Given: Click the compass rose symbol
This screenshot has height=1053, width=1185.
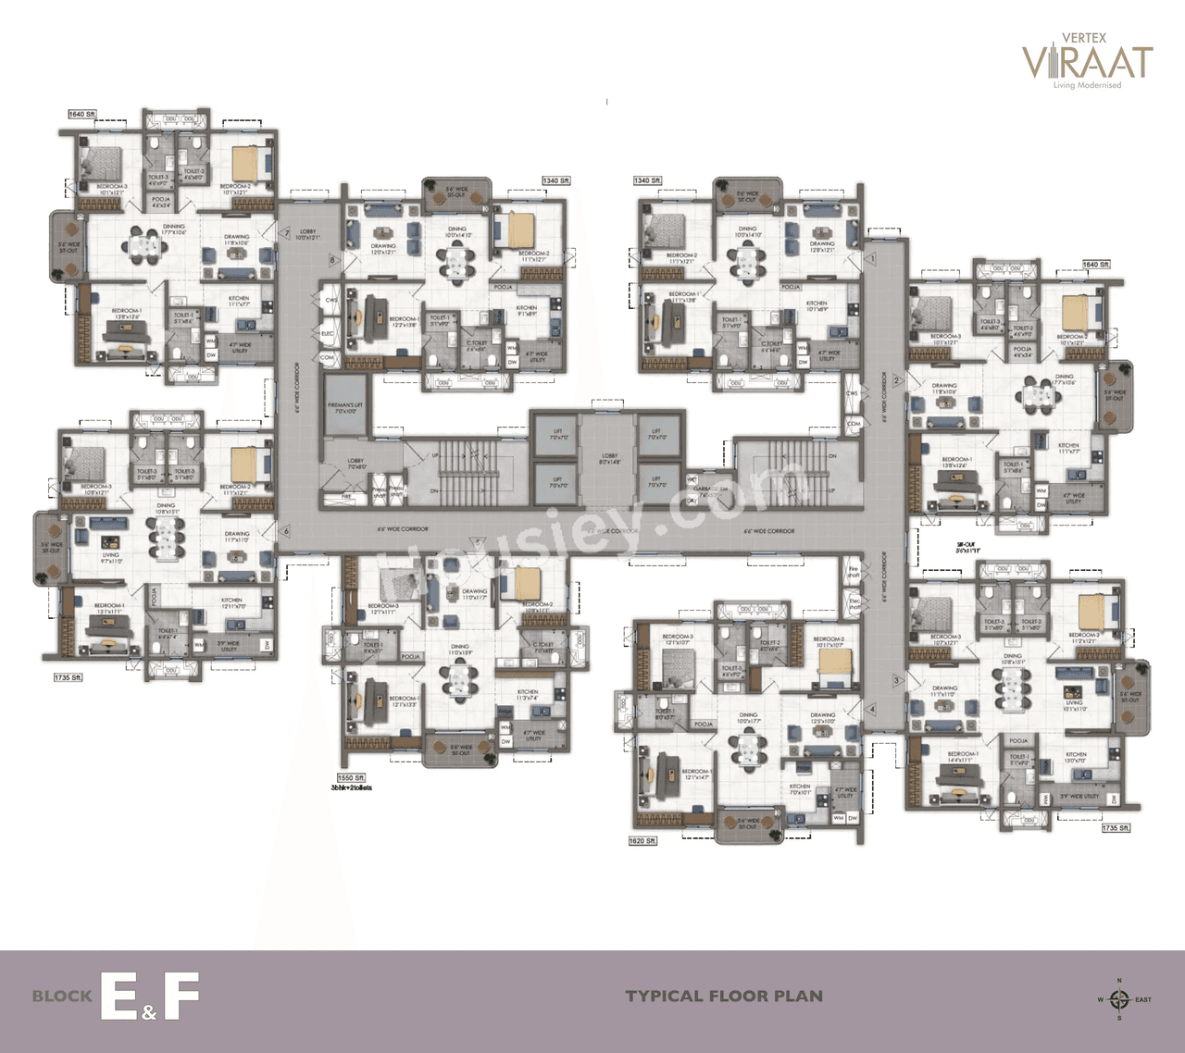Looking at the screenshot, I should tap(1119, 998).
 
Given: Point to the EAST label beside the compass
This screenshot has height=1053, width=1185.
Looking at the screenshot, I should tap(1143, 999).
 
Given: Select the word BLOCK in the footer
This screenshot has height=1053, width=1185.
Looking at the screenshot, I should tap(62, 997).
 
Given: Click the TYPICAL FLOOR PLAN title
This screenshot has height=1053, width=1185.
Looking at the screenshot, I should tap(724, 997).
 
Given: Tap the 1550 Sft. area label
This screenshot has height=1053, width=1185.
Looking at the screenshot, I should tap(354, 778).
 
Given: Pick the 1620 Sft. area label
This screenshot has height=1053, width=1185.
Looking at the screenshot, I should tap(642, 841).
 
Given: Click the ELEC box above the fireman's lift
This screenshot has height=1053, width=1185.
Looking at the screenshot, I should tap(327, 333).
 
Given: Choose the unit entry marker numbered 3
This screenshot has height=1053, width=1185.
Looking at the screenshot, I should tap(896, 681).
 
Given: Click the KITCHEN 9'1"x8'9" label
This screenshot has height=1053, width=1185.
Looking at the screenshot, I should tap(527, 311).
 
